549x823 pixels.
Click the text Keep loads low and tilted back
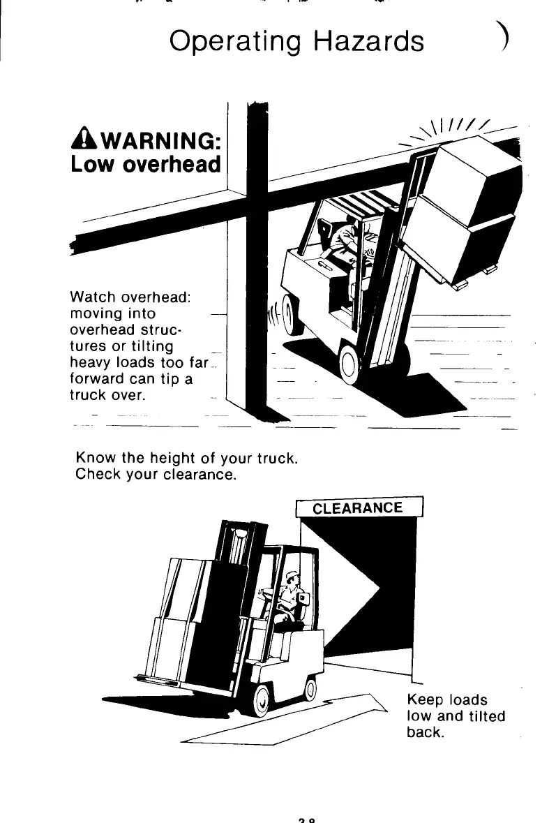(455, 716)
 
